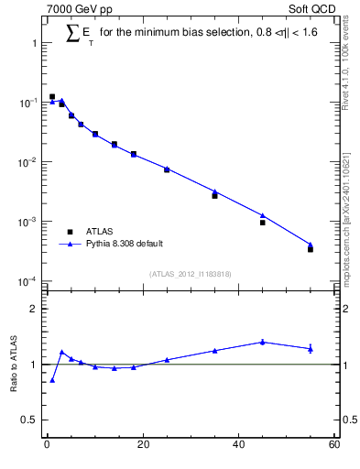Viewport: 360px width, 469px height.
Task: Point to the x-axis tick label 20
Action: [142, 445]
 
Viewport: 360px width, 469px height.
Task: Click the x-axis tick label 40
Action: [238, 445]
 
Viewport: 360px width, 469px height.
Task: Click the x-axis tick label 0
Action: [47, 445]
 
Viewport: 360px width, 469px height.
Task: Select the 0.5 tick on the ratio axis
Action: [30, 420]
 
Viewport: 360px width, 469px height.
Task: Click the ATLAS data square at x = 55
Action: [311, 249]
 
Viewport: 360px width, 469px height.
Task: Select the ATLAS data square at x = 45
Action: [262, 223]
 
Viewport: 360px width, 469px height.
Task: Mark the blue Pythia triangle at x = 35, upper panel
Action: [214, 191]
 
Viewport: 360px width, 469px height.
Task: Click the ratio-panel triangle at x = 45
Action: [262, 342]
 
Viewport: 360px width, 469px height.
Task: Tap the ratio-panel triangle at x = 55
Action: [311, 348]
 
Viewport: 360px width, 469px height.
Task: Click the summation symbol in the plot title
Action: [72, 33]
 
